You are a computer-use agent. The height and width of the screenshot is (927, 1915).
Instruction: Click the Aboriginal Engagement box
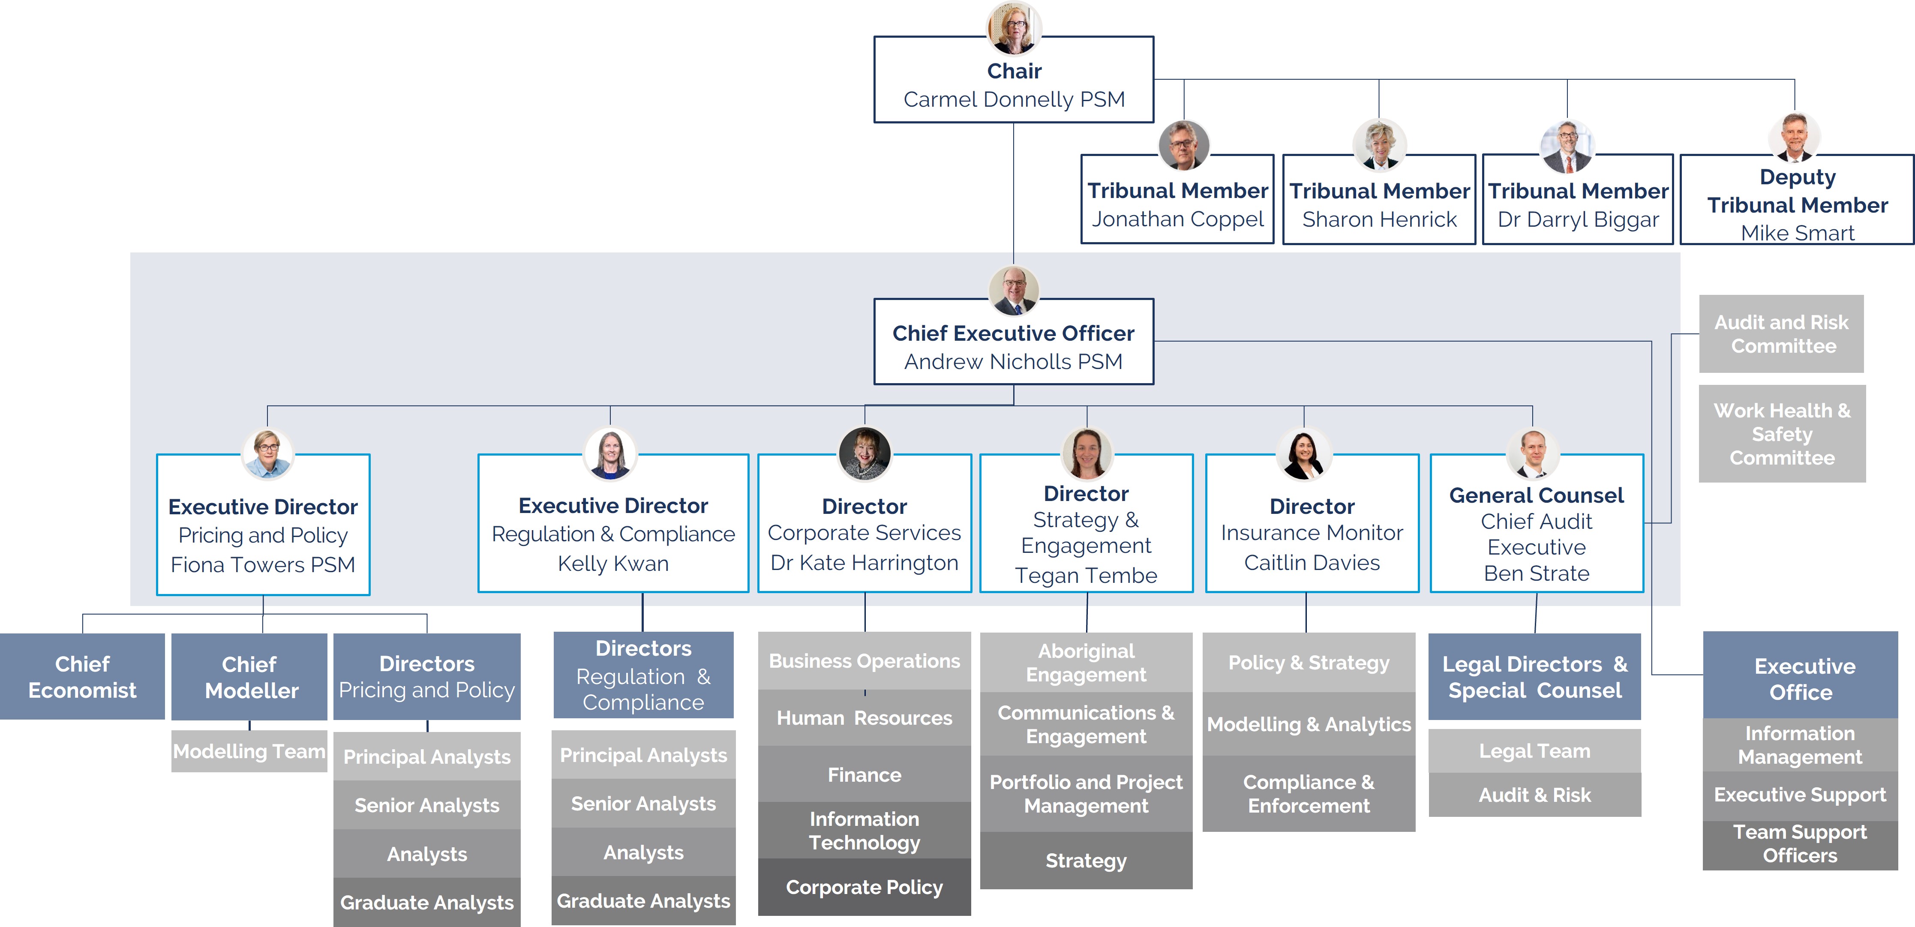(x=1086, y=662)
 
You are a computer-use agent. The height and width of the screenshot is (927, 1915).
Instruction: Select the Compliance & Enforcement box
(x=1309, y=793)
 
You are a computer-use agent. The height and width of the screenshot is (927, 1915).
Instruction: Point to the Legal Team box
(x=1534, y=751)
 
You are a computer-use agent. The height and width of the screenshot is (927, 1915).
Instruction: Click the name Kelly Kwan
(x=613, y=564)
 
